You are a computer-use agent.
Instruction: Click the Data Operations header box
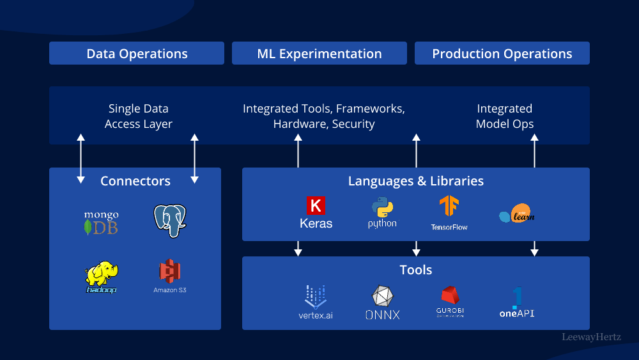coord(137,54)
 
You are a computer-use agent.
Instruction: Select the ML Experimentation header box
coord(319,54)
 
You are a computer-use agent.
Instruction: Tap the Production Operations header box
coord(502,54)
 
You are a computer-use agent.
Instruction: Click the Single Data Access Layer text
coord(139,116)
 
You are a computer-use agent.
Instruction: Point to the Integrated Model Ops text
coord(505,116)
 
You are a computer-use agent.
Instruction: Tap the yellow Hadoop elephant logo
coord(102,276)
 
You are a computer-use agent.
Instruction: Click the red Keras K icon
coord(316,205)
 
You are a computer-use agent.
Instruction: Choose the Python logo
coord(382,208)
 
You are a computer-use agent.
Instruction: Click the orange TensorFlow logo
coord(449,207)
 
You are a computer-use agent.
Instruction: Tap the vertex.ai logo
coord(316,297)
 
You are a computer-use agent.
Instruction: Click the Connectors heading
coord(135,181)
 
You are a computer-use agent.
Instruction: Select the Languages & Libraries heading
coord(416,181)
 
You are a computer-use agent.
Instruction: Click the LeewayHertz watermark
coord(591,336)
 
